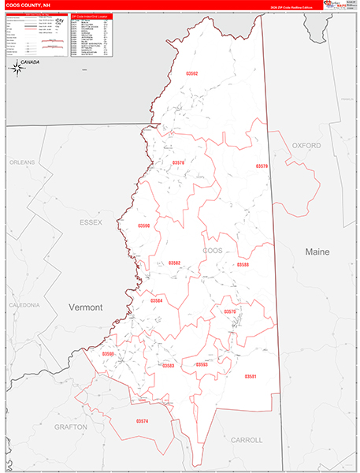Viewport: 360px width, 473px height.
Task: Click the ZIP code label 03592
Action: click(192, 73)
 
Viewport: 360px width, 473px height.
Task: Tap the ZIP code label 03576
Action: click(178, 163)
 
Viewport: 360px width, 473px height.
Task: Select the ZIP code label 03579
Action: click(262, 166)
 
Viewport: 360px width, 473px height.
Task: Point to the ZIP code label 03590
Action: click(143, 225)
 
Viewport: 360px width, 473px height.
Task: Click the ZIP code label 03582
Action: click(175, 263)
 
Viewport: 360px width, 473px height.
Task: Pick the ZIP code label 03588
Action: click(243, 265)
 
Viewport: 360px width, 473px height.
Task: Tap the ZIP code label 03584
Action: click(157, 300)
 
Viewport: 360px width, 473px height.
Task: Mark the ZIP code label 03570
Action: click(230, 312)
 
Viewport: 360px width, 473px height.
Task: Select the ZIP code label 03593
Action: click(202, 365)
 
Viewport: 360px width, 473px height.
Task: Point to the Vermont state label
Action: click(86, 307)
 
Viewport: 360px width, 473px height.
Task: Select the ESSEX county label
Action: click(91, 223)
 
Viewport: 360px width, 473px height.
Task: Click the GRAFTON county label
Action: click(71, 426)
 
